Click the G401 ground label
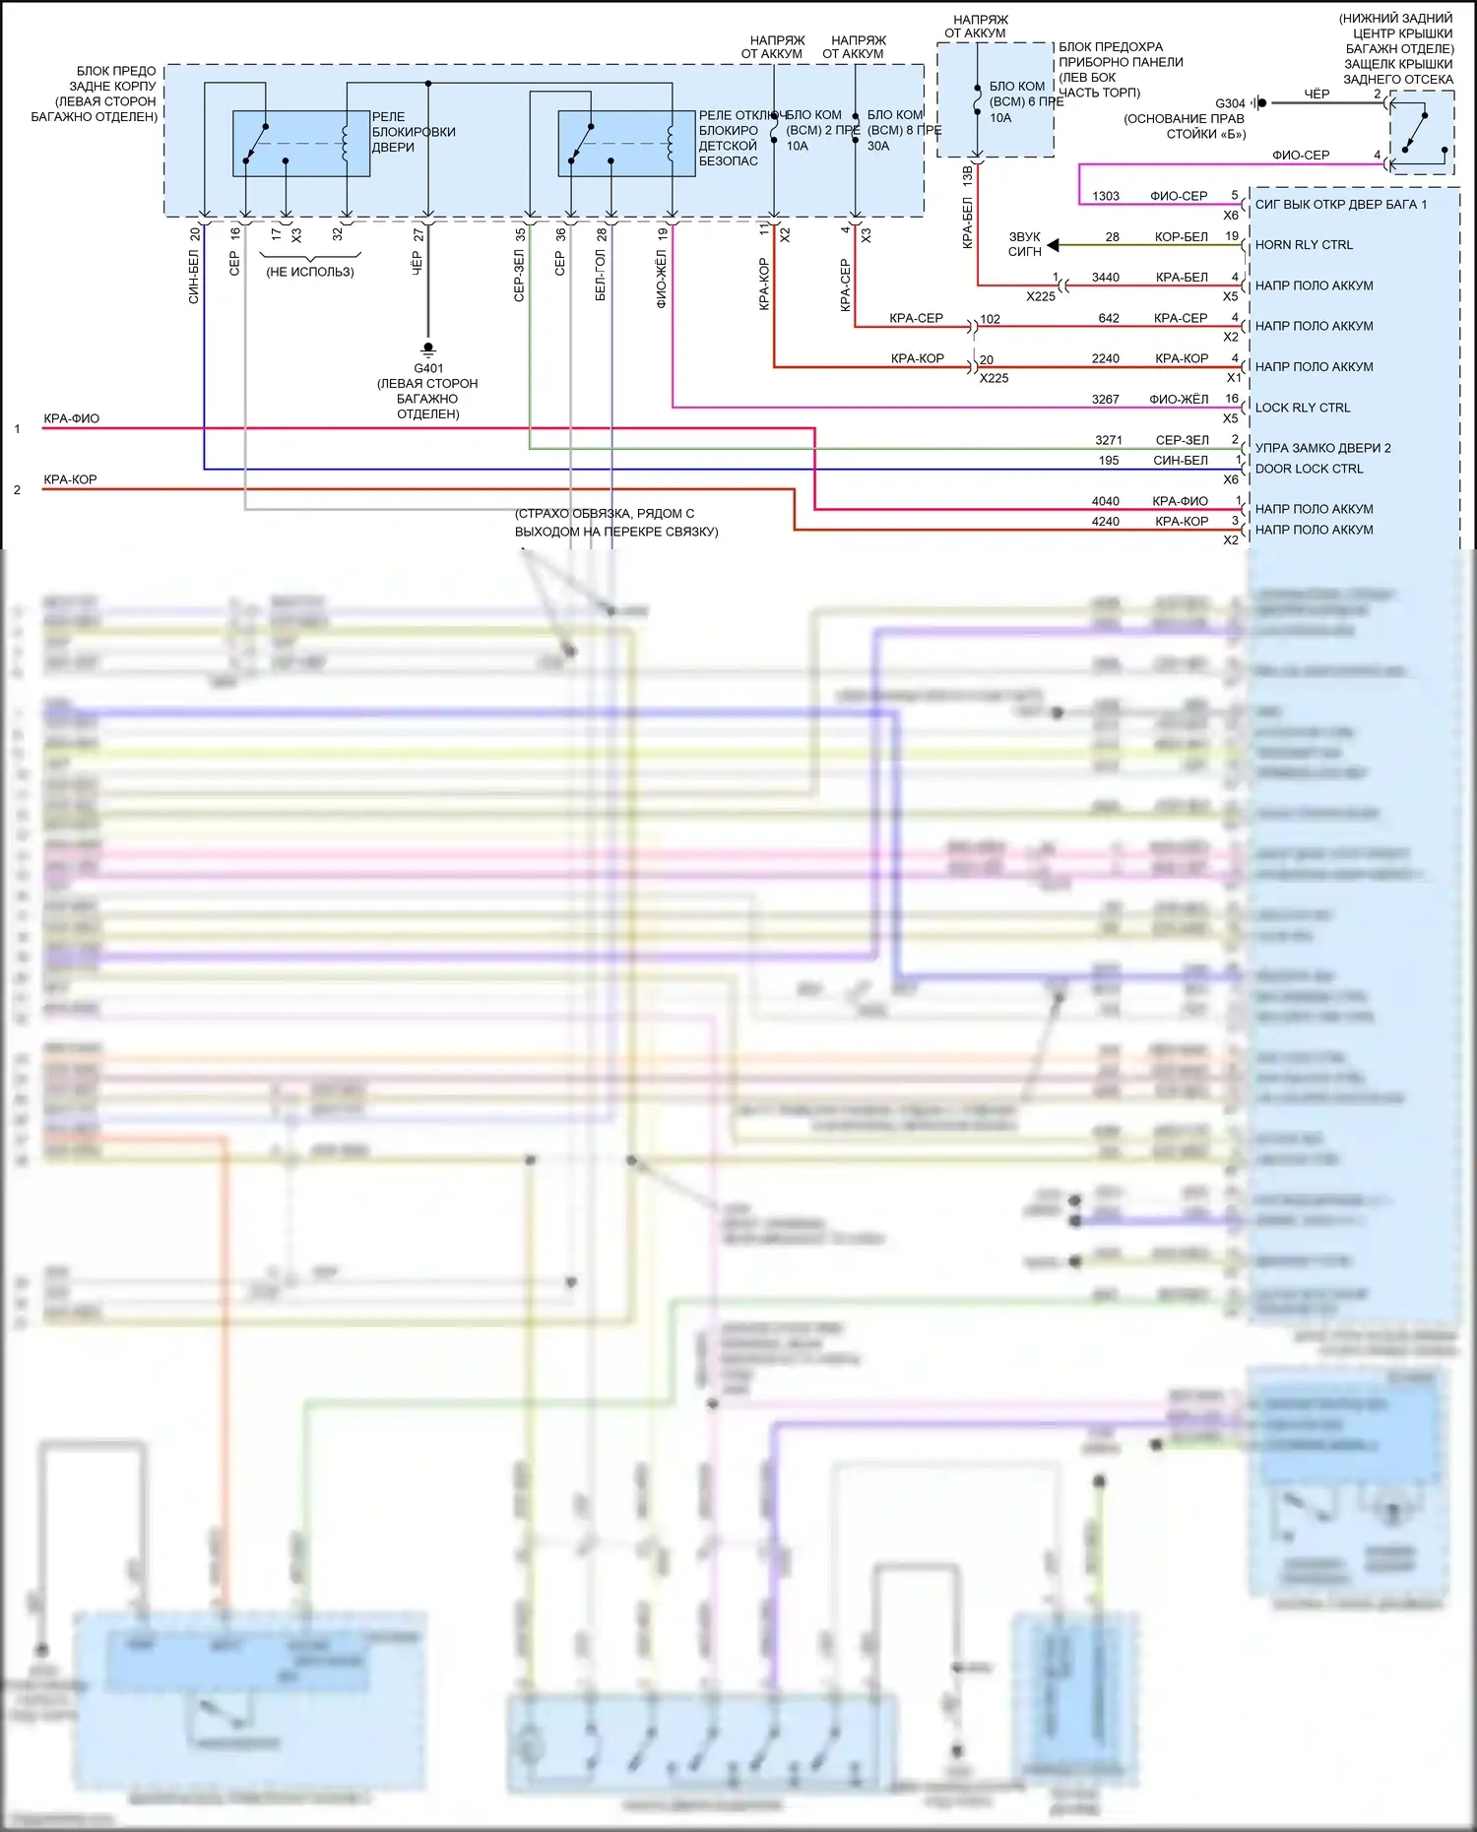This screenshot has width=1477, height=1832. (428, 368)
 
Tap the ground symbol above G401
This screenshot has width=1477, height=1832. (428, 348)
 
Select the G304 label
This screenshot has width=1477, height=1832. (1230, 103)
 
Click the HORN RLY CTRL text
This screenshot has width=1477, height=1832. (1304, 245)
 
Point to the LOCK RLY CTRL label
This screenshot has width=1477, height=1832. (1303, 408)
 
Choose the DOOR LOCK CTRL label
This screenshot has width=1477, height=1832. (1309, 469)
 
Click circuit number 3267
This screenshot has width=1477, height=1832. (1106, 400)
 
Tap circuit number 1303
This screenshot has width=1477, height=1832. (1106, 196)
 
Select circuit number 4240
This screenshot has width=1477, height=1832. (1106, 522)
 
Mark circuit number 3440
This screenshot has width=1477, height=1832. (1106, 278)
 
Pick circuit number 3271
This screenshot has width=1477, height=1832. (1109, 440)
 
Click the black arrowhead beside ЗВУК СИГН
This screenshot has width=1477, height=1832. (1053, 245)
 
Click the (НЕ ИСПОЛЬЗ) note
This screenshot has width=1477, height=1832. (310, 272)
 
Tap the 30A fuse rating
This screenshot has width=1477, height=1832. (878, 146)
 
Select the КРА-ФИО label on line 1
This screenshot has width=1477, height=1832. (71, 418)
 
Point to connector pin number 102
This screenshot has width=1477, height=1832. (991, 319)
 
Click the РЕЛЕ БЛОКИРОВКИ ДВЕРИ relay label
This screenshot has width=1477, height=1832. (414, 132)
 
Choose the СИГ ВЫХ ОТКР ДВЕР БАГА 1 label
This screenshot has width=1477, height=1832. (1340, 205)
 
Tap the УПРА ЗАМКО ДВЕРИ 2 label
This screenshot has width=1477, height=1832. (1322, 448)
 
